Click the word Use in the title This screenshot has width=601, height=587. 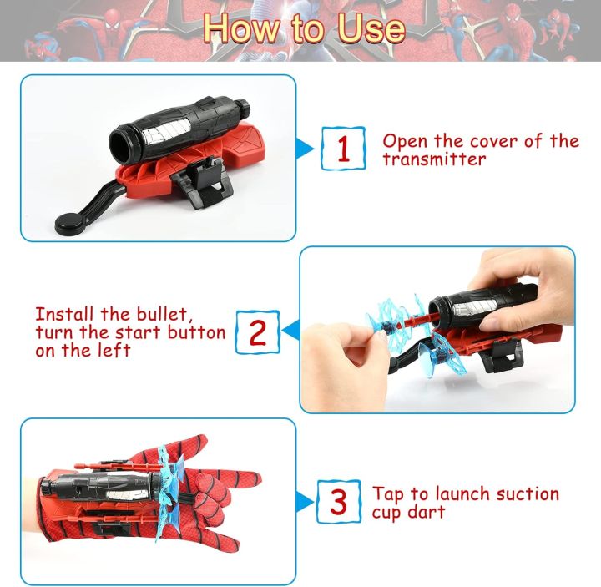371,28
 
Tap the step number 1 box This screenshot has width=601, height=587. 343,149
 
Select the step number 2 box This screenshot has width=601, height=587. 257,332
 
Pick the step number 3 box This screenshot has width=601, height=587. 339,502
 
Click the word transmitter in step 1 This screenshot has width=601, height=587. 435,159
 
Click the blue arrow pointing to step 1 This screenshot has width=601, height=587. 305,149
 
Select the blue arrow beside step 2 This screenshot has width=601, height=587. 290,330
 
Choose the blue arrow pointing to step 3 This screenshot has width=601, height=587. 305,502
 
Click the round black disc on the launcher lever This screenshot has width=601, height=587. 71,222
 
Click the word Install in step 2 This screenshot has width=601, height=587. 64,315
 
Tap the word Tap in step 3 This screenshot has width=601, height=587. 387,494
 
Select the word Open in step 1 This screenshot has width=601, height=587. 405,142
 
